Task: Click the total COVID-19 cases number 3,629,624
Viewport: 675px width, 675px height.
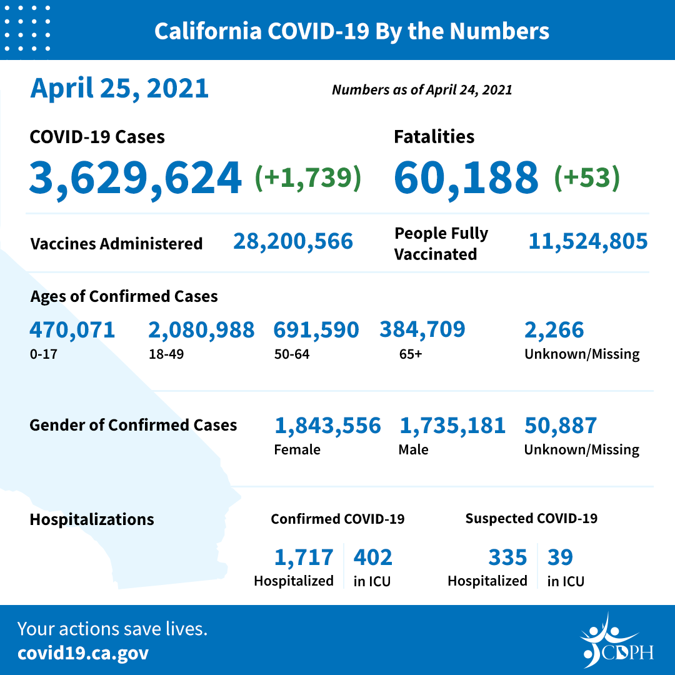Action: pos(135,177)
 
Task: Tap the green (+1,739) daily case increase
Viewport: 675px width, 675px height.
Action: pos(307,177)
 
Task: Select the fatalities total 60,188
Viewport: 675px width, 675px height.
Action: pos(466,177)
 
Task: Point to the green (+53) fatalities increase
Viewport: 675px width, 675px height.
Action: pos(587,177)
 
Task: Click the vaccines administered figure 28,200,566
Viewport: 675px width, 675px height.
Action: pos(293,241)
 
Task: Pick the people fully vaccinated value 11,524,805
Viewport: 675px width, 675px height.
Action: pos(587,241)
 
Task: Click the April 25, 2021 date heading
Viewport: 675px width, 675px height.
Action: pos(119,88)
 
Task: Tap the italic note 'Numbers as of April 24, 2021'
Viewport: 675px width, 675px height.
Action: pos(422,90)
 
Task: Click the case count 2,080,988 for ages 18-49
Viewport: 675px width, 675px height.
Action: pos(201,330)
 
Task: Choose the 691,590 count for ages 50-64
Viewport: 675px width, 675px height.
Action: pos(316,330)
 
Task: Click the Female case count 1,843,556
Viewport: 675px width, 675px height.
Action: pos(327,426)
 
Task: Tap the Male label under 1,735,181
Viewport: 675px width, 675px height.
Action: pos(413,449)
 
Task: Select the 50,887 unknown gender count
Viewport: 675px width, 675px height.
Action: pos(561,426)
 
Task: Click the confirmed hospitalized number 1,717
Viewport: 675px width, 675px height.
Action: pos(304,557)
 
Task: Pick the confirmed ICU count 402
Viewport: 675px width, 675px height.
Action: pos(373,557)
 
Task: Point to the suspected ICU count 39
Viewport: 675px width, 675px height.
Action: pos(560,557)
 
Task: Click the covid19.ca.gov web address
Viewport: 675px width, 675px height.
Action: pos(83,653)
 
